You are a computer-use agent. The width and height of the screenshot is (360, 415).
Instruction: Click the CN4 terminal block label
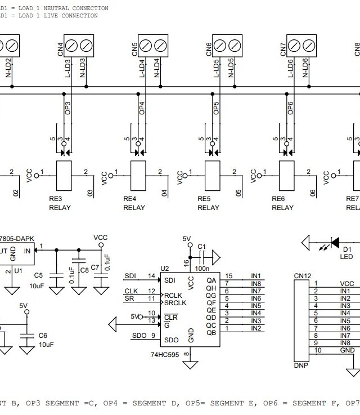(60, 50)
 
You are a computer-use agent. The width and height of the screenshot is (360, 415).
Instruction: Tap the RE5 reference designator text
(204, 199)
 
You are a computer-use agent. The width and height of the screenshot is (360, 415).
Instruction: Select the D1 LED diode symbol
(335, 243)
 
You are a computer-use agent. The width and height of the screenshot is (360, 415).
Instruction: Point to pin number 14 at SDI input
(151, 276)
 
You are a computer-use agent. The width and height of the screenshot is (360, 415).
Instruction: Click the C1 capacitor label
(202, 247)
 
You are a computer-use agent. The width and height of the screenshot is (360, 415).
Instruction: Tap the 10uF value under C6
(47, 344)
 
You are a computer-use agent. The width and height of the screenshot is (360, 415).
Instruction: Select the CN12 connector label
(302, 276)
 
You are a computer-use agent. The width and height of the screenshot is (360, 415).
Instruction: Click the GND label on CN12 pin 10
(347, 350)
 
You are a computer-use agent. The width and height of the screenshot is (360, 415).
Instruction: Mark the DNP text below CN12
(301, 365)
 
